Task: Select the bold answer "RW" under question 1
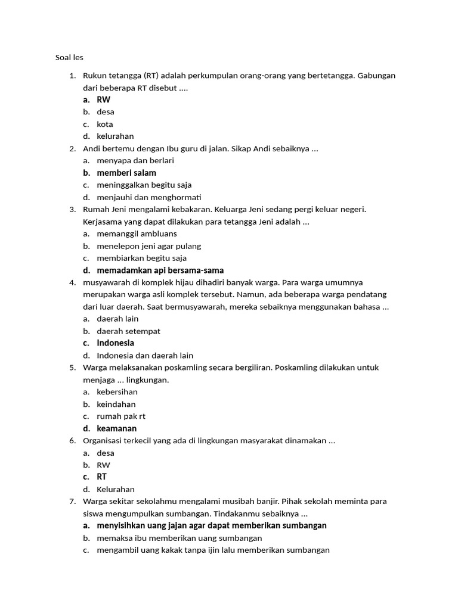[x=103, y=99]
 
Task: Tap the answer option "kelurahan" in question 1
[x=115, y=136]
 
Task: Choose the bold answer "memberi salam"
[x=126, y=173]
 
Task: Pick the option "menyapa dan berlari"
[x=135, y=161]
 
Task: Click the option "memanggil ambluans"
[x=137, y=234]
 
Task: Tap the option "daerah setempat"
[x=128, y=331]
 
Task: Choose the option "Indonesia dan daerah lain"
[x=145, y=356]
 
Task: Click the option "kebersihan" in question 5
[x=117, y=392]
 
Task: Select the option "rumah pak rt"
[x=121, y=416]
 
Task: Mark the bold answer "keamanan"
[x=117, y=429]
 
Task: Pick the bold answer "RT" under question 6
[x=102, y=477]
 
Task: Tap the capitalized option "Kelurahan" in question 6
[x=116, y=490]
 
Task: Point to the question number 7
[x=72, y=502]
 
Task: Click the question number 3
[x=72, y=209]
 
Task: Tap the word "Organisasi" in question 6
[x=104, y=441]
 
